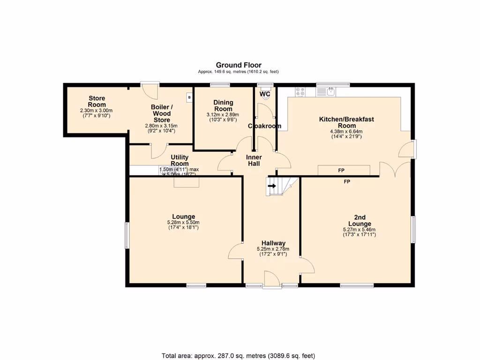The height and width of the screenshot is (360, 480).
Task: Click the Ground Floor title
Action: [239, 65]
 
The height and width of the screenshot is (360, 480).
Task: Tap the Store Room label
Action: [97, 101]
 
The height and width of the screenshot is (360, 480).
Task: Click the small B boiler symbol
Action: [189, 97]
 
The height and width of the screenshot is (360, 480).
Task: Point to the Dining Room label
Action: [223, 105]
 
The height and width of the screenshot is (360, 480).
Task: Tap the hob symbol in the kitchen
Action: [300, 91]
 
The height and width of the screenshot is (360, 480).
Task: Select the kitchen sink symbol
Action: [331, 91]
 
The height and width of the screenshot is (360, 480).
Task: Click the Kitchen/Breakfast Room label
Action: [346, 122]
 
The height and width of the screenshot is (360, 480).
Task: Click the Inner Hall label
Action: [254, 160]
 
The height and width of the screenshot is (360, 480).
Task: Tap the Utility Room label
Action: [180, 160]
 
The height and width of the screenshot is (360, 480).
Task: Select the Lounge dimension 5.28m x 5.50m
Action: [183, 223]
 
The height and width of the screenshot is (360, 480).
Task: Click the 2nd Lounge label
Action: [360, 220]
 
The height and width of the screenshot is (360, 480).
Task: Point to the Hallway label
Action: [273, 243]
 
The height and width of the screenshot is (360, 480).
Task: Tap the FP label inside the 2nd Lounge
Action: [347, 181]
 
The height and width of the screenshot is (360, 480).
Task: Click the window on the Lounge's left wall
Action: [126, 235]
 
